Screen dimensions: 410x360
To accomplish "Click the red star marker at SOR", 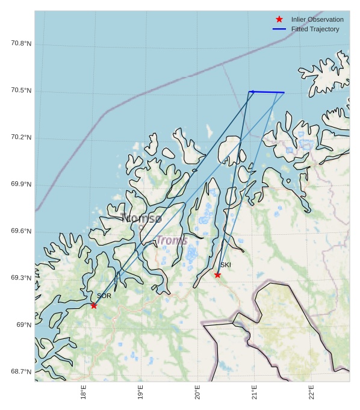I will [94, 306].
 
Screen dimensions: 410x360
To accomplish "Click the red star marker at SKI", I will [217, 275].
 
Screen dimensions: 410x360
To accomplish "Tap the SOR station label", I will [104, 296].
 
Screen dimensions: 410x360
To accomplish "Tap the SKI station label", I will [225, 265].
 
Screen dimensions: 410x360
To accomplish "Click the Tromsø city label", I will [141, 219].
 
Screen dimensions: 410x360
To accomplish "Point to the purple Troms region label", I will [172, 241].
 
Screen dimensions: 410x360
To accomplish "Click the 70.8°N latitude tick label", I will [21, 44].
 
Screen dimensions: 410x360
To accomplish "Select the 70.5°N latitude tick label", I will [21, 91].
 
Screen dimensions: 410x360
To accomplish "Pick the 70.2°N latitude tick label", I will [21, 138].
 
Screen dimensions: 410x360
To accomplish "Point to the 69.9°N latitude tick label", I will [21, 185].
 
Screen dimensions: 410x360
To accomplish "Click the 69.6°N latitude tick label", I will [21, 232].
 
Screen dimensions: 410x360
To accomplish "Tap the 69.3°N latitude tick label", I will [21, 278].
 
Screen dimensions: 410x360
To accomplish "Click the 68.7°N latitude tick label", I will [21, 372].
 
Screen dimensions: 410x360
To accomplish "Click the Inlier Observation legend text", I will [317, 20].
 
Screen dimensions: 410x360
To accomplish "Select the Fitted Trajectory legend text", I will [315, 29].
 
